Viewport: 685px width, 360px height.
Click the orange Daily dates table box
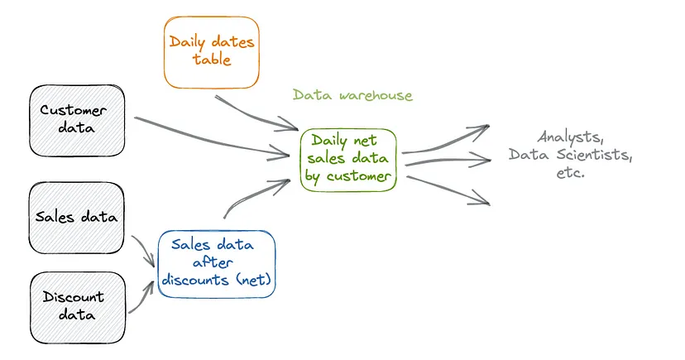coord(211,51)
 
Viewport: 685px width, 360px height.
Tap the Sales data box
coord(77,218)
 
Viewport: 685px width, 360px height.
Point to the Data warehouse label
coord(352,95)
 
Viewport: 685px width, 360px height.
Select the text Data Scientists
coord(570,155)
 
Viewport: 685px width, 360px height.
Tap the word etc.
coord(570,173)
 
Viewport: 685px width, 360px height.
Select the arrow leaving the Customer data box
coord(207,137)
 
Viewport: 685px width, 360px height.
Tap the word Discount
coord(74,296)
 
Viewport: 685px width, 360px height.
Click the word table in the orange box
coord(211,60)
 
